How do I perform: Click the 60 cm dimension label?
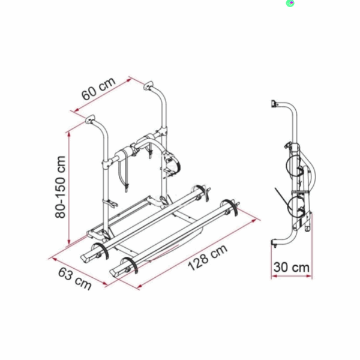pos(98,89)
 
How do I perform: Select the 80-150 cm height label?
pos(61,187)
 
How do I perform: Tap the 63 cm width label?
pos(75,279)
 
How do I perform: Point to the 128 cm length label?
pos(208,257)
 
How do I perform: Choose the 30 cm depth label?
pos(292,267)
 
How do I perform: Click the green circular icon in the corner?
pos(290,3)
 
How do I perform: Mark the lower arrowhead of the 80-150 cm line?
pos(69,242)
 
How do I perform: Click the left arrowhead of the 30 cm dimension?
pos(274,276)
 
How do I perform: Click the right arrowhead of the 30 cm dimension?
pos(309,276)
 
